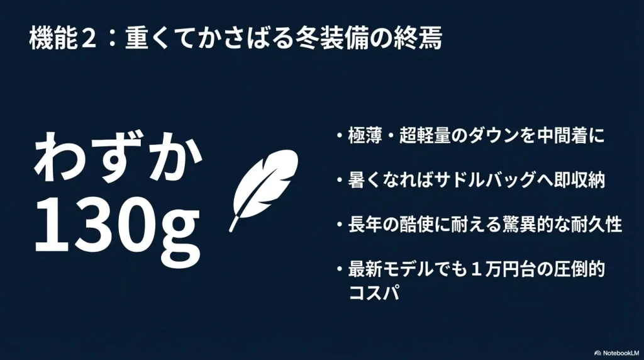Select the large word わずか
[118, 159]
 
